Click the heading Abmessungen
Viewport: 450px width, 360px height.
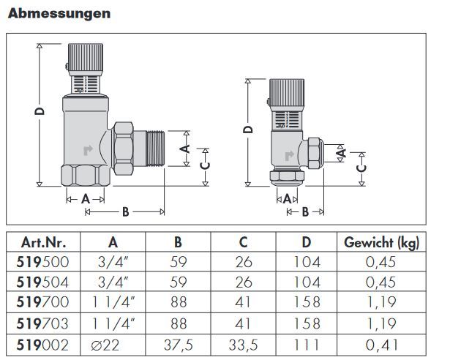click(x=59, y=13)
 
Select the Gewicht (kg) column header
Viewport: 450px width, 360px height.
click(x=381, y=243)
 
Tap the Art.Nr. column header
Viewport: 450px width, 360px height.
click(x=43, y=243)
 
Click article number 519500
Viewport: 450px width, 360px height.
click(x=42, y=262)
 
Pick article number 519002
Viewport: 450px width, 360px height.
click(x=42, y=345)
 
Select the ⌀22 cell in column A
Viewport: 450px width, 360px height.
click(x=105, y=345)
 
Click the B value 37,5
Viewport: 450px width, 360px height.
click(x=179, y=345)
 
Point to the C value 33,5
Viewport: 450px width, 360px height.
click(x=243, y=345)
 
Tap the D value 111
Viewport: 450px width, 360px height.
click(x=307, y=345)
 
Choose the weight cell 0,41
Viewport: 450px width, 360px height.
click(x=381, y=345)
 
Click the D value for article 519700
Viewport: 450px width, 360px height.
click(x=307, y=302)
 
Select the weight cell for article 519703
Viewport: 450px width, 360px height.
click(x=381, y=324)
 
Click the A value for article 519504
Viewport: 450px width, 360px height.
click(x=113, y=282)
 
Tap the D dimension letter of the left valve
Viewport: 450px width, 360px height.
click(x=40, y=111)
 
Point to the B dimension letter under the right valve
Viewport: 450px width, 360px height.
click(x=305, y=212)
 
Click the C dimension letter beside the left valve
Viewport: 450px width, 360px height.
click(x=206, y=166)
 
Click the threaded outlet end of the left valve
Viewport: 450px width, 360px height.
click(x=155, y=149)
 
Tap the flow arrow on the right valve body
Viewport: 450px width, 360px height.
click(x=289, y=156)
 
